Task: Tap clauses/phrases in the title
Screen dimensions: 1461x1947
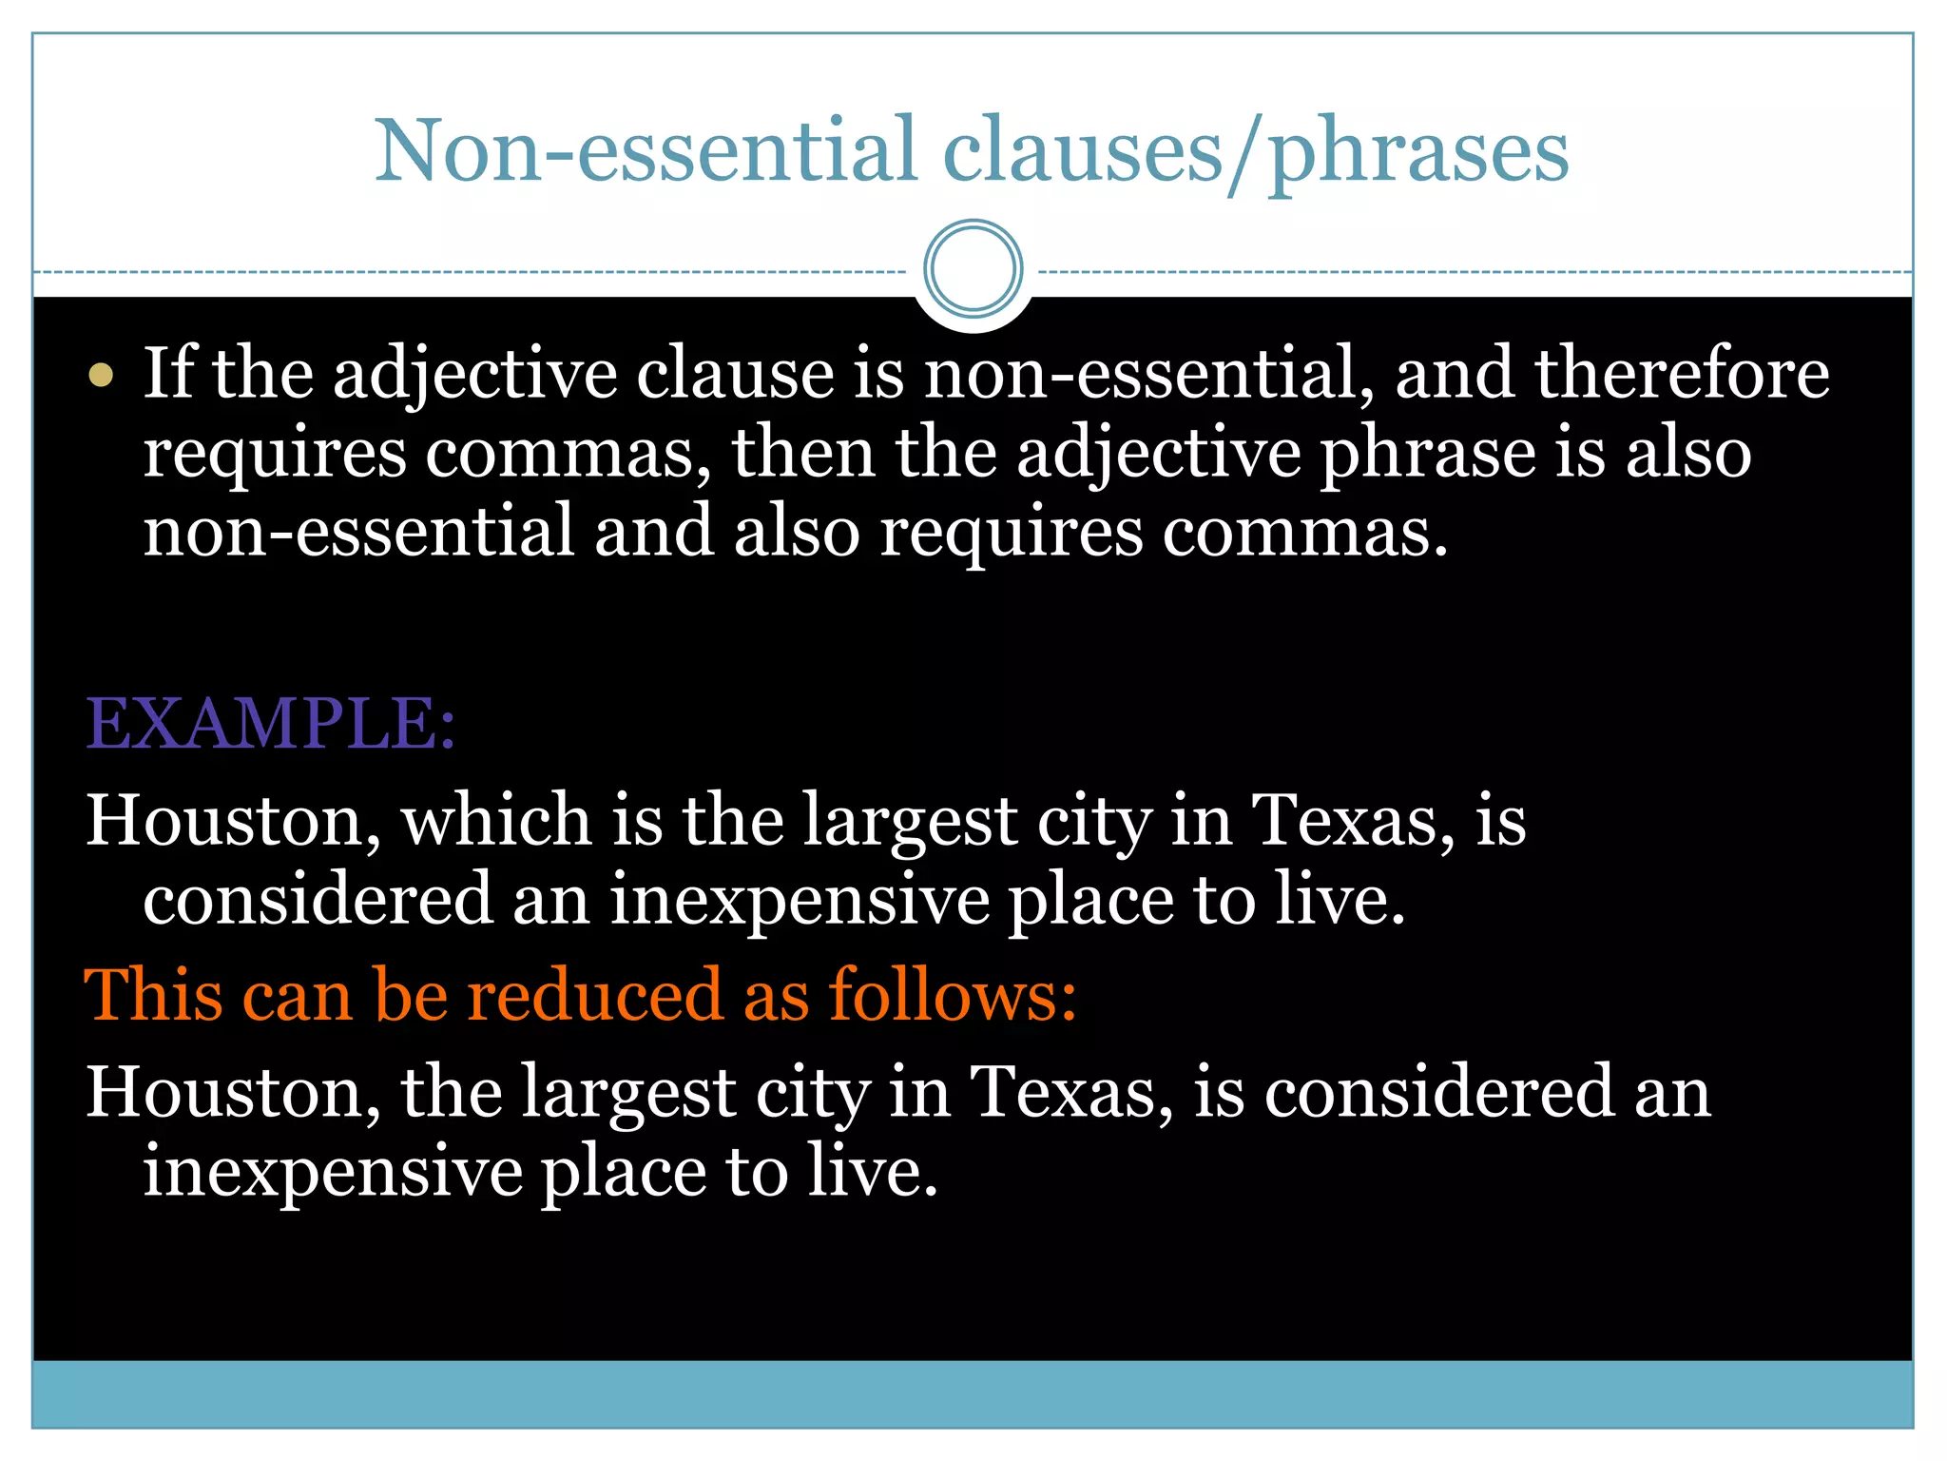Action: [x=1255, y=152]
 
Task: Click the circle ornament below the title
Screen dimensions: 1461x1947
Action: [x=973, y=268]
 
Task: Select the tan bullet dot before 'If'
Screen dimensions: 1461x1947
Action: [x=101, y=375]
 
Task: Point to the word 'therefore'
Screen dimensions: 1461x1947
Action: [x=1681, y=373]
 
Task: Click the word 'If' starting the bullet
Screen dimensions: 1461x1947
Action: [x=167, y=373]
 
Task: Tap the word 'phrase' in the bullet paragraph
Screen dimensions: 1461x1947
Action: [x=1427, y=455]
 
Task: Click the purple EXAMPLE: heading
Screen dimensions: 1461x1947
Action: [x=271, y=725]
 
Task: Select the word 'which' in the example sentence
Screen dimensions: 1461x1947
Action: [x=495, y=820]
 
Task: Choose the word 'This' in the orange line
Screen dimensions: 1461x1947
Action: [x=153, y=996]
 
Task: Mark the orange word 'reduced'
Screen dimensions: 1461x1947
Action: [x=595, y=996]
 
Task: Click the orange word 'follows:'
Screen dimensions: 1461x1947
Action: [x=953, y=996]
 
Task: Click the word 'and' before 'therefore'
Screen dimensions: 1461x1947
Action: [x=1453, y=373]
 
